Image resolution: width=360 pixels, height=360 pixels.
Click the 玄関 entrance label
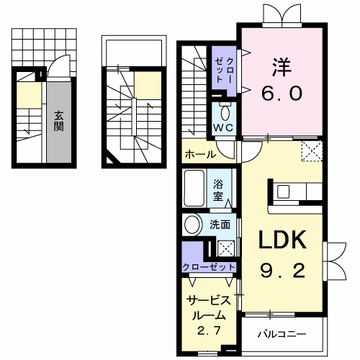pyautogui.click(x=59, y=121)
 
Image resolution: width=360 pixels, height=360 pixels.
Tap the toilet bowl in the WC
pyautogui.click(x=225, y=113)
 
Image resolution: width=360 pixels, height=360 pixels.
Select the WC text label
pyautogui.click(x=223, y=128)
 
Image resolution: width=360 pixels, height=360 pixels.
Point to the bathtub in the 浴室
pyautogui.click(x=194, y=188)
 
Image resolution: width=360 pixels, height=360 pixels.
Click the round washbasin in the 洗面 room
pyautogui.click(x=192, y=225)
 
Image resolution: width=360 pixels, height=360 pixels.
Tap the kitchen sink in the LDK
pyautogui.click(x=284, y=192)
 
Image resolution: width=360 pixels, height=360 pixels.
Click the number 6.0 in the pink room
pyautogui.click(x=282, y=94)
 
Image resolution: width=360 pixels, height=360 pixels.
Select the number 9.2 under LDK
pyautogui.click(x=282, y=271)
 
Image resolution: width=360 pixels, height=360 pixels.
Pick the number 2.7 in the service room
pyautogui.click(x=209, y=330)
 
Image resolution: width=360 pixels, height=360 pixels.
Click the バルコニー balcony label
pyautogui.click(x=282, y=334)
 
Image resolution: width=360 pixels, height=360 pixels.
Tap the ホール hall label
pyautogui.click(x=200, y=154)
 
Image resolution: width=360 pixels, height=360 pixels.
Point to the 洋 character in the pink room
pyautogui.click(x=282, y=67)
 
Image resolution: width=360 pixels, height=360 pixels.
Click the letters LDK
pyautogui.click(x=282, y=240)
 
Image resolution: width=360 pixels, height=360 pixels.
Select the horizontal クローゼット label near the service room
pyautogui.click(x=209, y=266)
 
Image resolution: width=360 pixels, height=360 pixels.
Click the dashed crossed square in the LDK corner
pyautogui.click(x=312, y=150)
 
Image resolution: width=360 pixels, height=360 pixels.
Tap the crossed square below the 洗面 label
pyautogui.click(x=226, y=248)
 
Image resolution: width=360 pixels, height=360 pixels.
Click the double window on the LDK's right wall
pyautogui.click(x=335, y=261)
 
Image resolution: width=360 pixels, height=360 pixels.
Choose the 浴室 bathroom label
pyautogui.click(x=218, y=191)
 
